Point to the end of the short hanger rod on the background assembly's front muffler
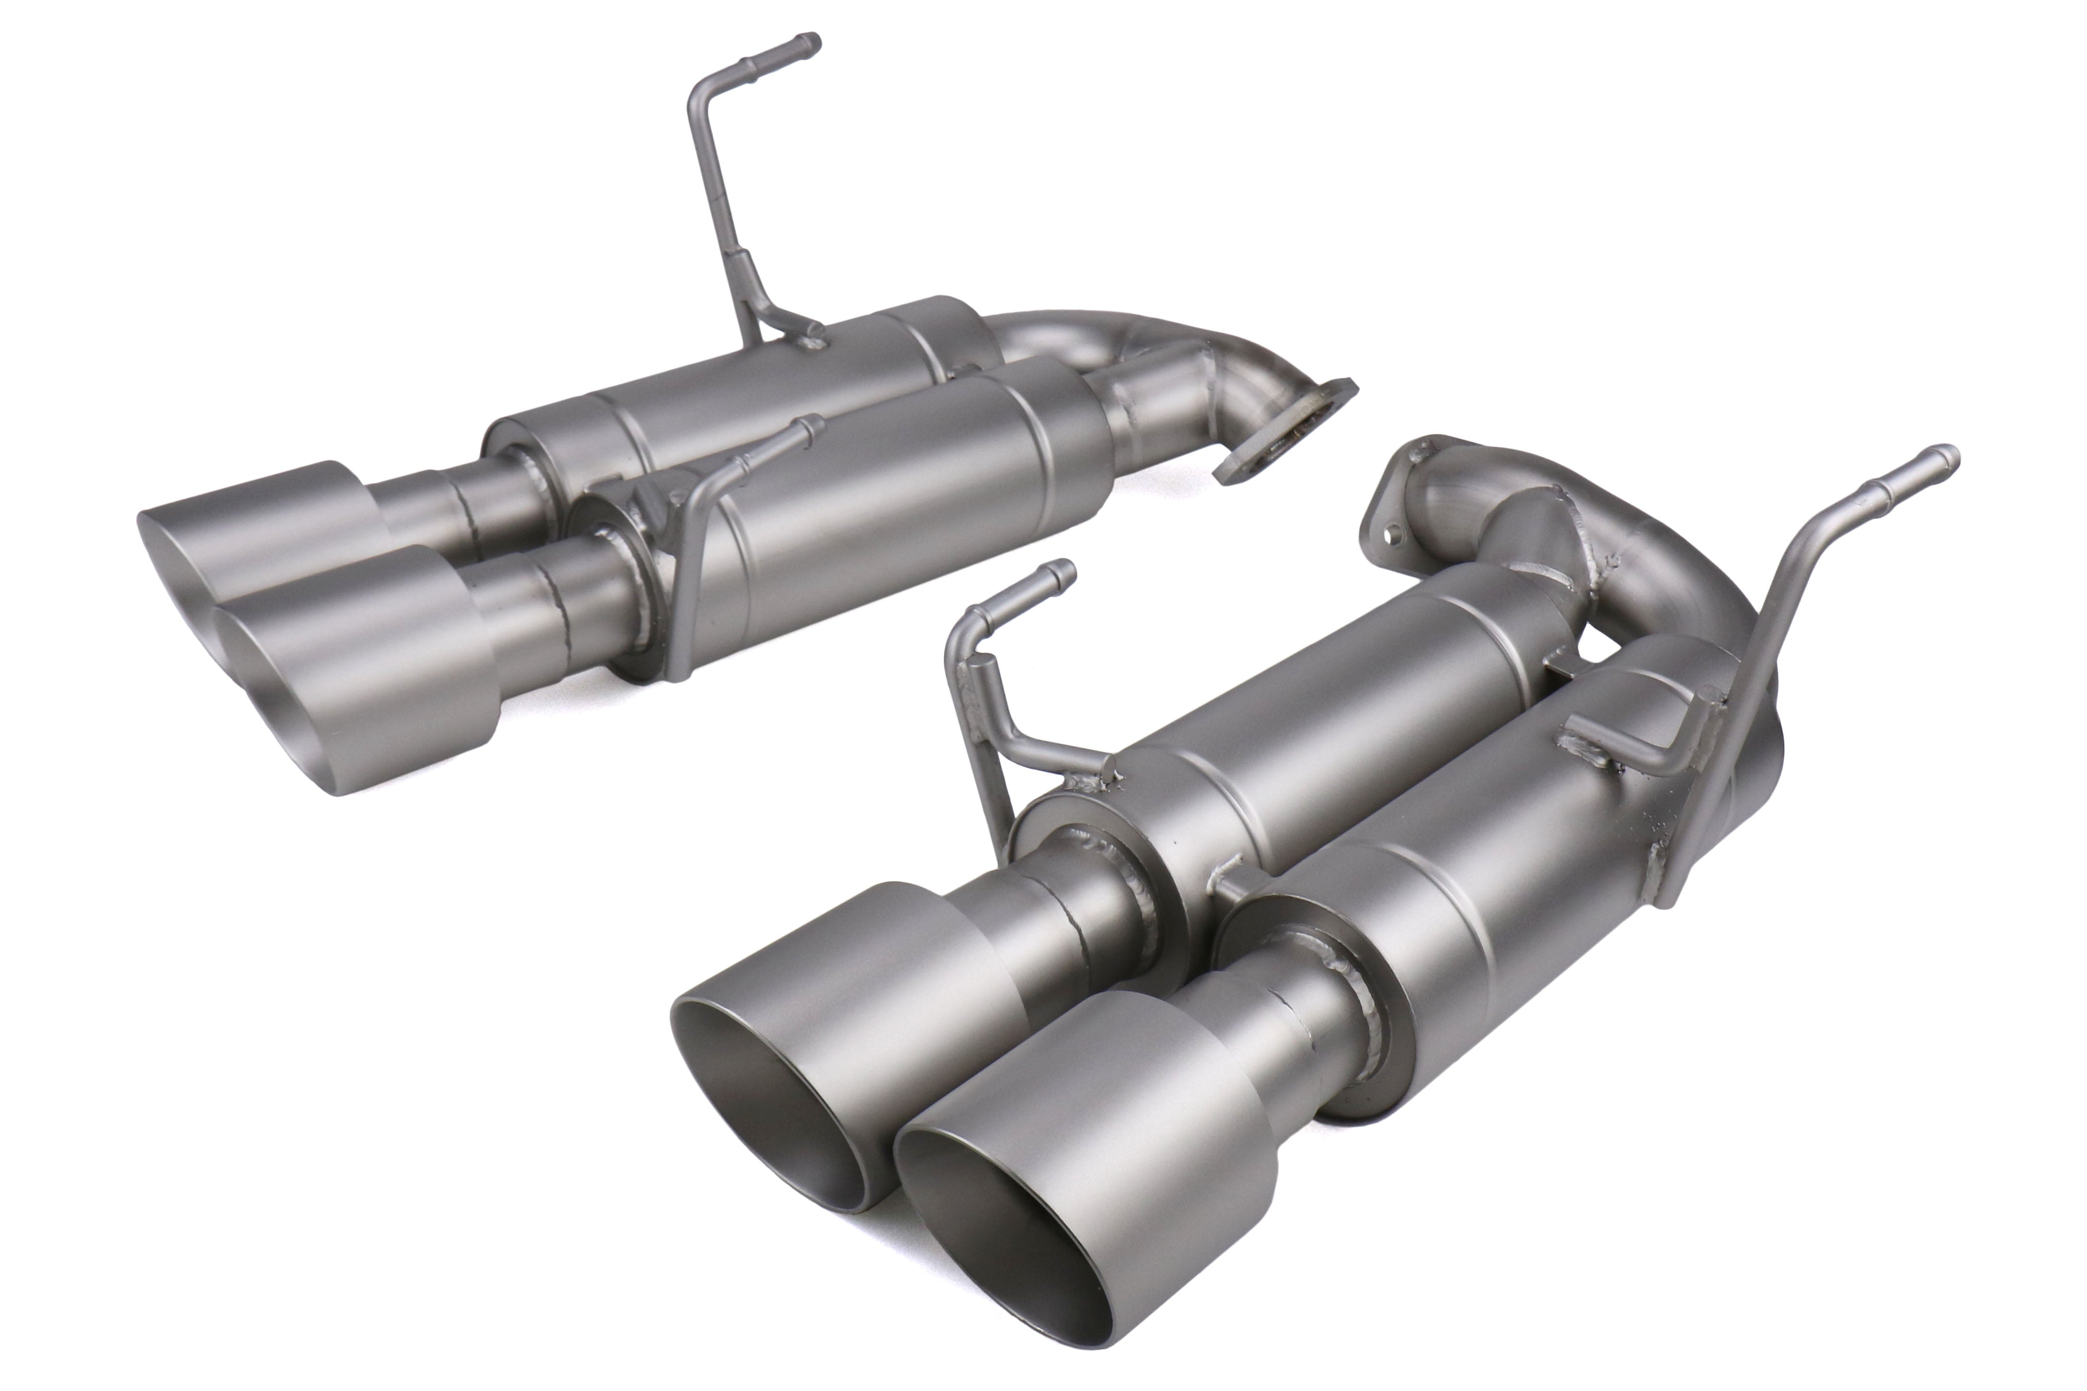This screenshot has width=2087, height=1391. pyautogui.click(x=812, y=426)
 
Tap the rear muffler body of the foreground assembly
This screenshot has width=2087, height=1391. pyautogui.click(x=1331, y=710)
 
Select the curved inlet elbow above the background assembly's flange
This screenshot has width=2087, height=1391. pyautogui.click(x=1216, y=373)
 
